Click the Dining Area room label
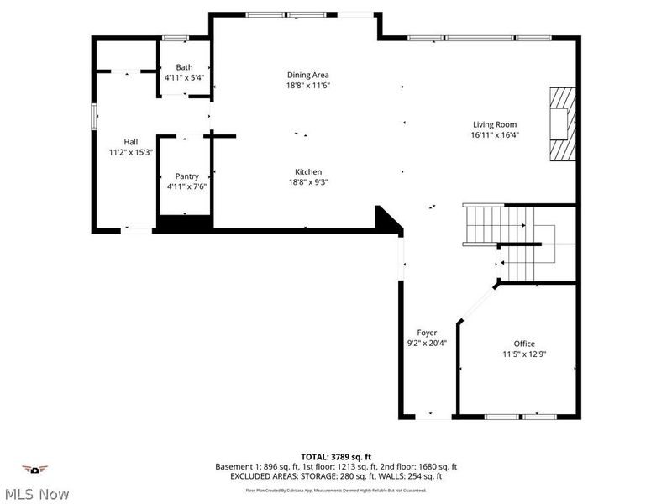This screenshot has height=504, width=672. (x=308, y=75)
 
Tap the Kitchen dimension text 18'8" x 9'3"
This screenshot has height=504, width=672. (x=308, y=181)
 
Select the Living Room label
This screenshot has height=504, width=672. (x=494, y=124)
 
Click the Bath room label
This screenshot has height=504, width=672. (x=184, y=67)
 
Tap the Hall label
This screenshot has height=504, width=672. (x=131, y=142)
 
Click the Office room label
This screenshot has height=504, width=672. (x=524, y=344)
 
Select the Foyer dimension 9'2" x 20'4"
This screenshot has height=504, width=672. (x=427, y=343)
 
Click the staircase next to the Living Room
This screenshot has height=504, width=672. (x=483, y=223)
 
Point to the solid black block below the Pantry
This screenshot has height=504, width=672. (x=184, y=224)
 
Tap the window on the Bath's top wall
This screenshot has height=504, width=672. (x=176, y=38)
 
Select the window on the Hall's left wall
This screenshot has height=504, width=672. (x=94, y=116)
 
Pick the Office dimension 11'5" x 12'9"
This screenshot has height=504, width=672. (x=524, y=354)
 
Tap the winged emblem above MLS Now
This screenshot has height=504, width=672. (x=35, y=469)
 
